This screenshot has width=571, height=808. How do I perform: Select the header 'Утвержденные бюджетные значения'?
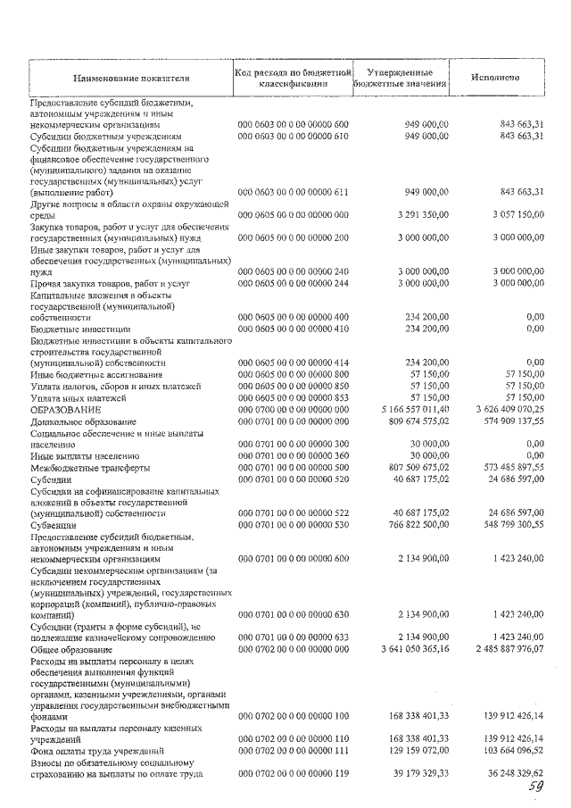pyautogui.click(x=401, y=78)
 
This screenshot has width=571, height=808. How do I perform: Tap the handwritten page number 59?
pyautogui.click(x=534, y=787)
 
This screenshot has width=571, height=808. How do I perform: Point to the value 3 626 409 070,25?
pyautogui.click(x=501, y=409)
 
